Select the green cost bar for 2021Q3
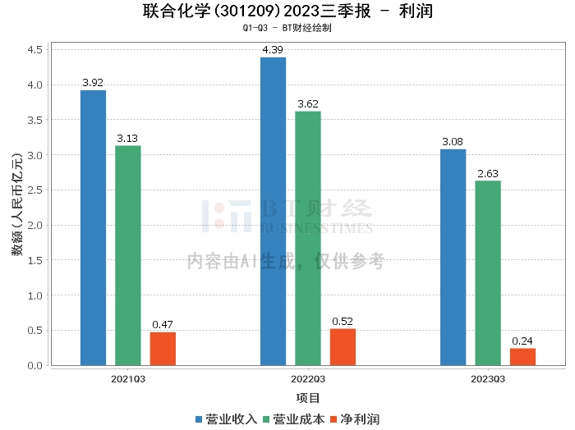128,255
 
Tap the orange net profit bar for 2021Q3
163,348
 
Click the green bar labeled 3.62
308,238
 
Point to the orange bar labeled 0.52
343,346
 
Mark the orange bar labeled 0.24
522,356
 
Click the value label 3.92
93,83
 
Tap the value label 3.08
453,142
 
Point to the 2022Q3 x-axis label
308,379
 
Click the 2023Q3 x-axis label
488,379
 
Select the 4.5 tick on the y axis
34,50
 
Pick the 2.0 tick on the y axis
34,225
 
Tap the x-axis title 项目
308,398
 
